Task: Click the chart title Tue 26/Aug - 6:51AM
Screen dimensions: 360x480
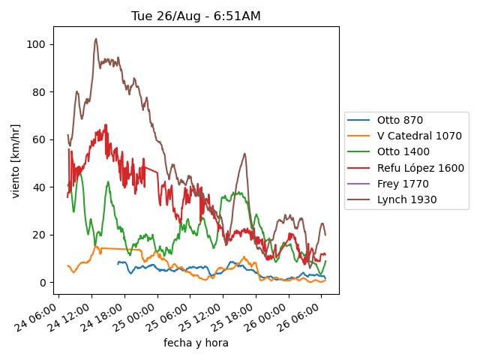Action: (196, 16)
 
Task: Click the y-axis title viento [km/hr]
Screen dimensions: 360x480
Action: (16, 161)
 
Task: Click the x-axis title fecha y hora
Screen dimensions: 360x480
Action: (196, 343)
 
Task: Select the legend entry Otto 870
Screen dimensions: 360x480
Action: (400, 120)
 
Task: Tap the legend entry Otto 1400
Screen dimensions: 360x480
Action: (403, 152)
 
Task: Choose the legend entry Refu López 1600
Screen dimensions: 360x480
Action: (420, 168)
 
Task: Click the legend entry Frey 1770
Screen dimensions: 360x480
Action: (403, 184)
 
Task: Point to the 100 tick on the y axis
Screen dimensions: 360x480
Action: (39, 45)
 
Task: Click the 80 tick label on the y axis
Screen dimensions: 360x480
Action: (42, 92)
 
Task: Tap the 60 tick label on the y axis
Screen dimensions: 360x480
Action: (42, 139)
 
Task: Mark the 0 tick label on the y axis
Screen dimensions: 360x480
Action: (45, 283)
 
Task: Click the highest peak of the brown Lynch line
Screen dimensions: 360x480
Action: (96, 39)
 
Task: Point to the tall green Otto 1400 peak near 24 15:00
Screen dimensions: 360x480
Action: (108, 181)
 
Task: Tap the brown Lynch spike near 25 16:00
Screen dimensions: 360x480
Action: (244, 154)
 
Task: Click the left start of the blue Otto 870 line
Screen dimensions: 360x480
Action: (118, 262)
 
